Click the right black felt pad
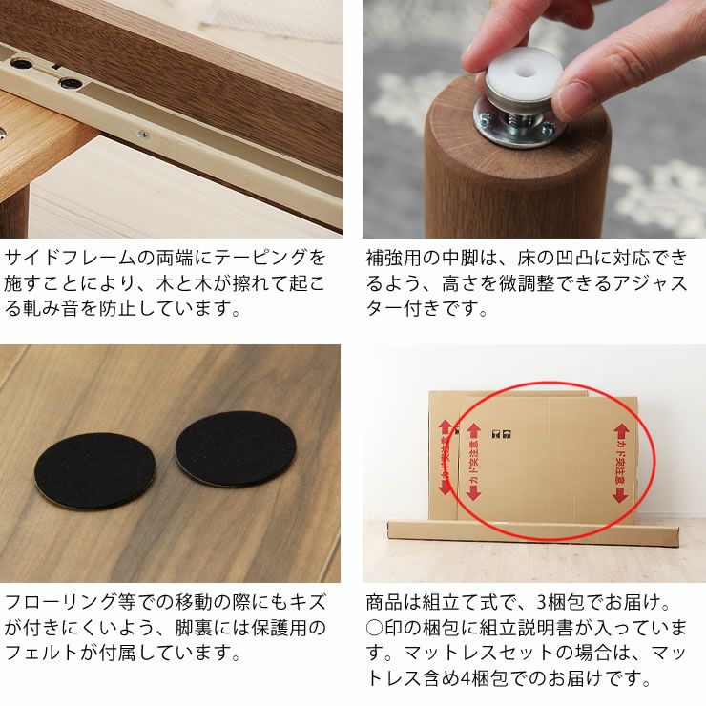[x=236, y=448]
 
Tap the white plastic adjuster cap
[x=516, y=75]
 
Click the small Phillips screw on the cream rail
[x=144, y=135]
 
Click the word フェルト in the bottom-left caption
[x=41, y=654]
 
